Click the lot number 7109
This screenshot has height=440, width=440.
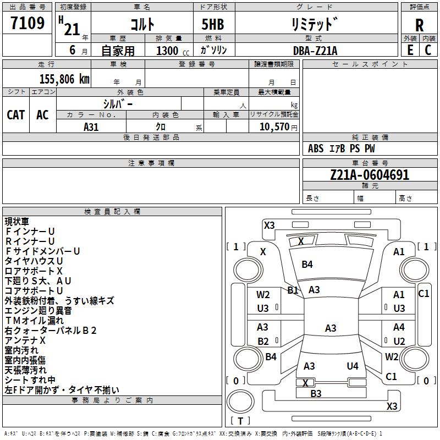coord(28,23)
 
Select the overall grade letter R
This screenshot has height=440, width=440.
coord(419,25)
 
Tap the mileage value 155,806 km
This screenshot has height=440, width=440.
coord(64,79)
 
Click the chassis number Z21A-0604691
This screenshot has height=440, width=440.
coord(370,175)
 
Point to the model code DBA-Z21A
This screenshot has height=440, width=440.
coord(315,51)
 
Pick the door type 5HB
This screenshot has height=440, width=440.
coord(213,24)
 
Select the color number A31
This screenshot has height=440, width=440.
coord(91,127)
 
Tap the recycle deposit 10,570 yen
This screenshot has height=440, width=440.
coord(278,127)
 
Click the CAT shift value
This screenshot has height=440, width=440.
coord(16,115)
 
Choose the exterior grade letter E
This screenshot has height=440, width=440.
coord(410,50)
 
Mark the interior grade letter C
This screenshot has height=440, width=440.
coord(428,50)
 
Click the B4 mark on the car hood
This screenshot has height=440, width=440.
coord(307,265)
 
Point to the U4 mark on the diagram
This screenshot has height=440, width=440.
coord(353,366)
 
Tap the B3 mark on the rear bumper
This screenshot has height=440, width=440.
coord(316,394)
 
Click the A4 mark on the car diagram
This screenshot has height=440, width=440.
coord(399,327)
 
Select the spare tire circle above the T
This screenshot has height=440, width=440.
coord(240,402)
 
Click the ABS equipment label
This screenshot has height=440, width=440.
coord(316,148)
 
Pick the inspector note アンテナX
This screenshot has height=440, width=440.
coord(25,340)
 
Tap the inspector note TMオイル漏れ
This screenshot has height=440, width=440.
coord(34,321)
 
